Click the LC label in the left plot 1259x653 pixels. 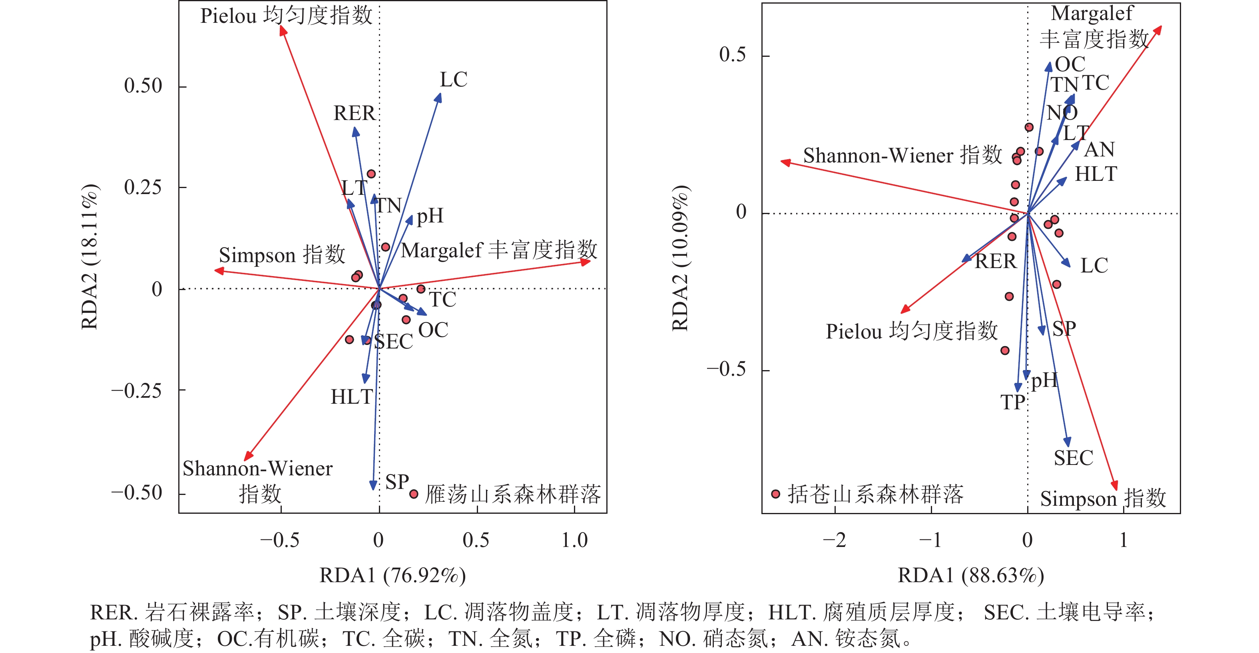click(x=454, y=80)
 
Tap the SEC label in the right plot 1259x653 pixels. click(x=1073, y=458)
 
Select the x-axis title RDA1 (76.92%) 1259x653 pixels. click(x=392, y=576)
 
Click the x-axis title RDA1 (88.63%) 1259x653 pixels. click(x=971, y=576)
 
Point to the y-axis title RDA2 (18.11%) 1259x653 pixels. click(x=90, y=257)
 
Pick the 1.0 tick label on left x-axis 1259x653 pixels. click(x=574, y=541)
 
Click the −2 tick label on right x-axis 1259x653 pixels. click(x=834, y=541)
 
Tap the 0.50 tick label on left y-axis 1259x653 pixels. click(x=143, y=86)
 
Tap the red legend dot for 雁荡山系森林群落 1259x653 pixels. click(x=414, y=494)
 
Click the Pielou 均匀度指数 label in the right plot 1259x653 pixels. click(x=912, y=331)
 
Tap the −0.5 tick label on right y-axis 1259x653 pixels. click(x=726, y=369)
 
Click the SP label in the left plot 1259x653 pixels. click(x=397, y=482)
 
